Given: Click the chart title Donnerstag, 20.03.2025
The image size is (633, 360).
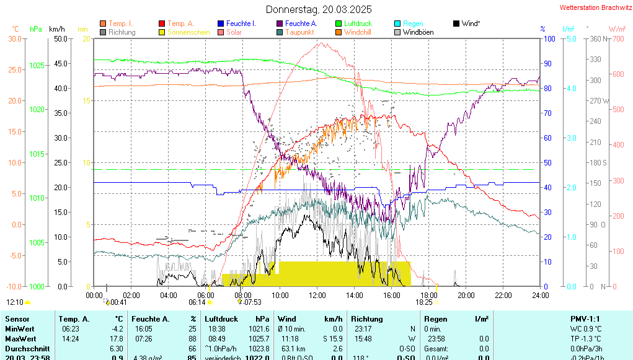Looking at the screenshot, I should click(x=319, y=9).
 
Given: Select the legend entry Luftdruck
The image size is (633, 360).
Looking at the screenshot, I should click(x=358, y=24).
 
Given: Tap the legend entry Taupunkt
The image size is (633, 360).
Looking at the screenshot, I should click(x=300, y=32).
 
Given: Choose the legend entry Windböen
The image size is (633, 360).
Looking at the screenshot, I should click(x=418, y=32).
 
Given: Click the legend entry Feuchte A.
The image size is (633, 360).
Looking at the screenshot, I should click(x=301, y=24).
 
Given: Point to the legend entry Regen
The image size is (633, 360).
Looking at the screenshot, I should click(x=413, y=24).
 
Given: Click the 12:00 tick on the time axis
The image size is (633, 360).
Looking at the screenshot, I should click(x=317, y=296).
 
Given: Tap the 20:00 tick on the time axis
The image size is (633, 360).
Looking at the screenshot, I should click(x=466, y=296).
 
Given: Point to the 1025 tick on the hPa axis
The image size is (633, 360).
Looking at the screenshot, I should click(x=37, y=65).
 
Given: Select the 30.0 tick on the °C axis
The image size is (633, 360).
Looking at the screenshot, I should click(x=14, y=38).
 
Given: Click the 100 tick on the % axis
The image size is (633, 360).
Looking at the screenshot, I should click(x=549, y=38).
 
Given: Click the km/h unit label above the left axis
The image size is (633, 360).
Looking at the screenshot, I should click(x=57, y=29).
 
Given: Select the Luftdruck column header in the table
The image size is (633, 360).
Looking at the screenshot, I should click(x=221, y=318).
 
